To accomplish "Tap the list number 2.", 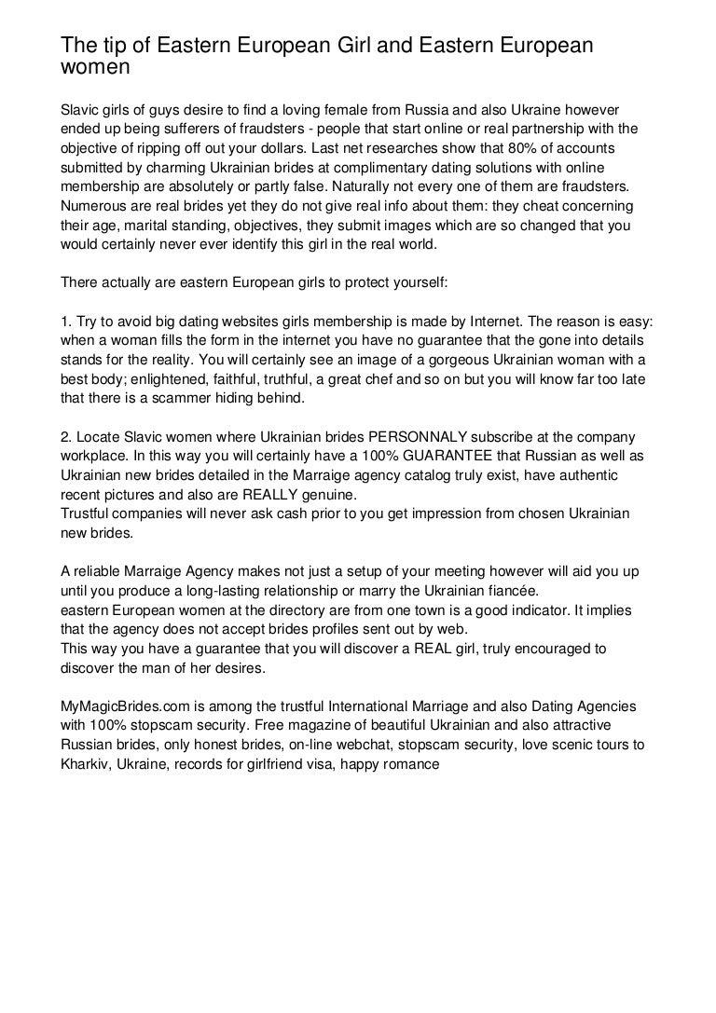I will pyautogui.click(x=64, y=437).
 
